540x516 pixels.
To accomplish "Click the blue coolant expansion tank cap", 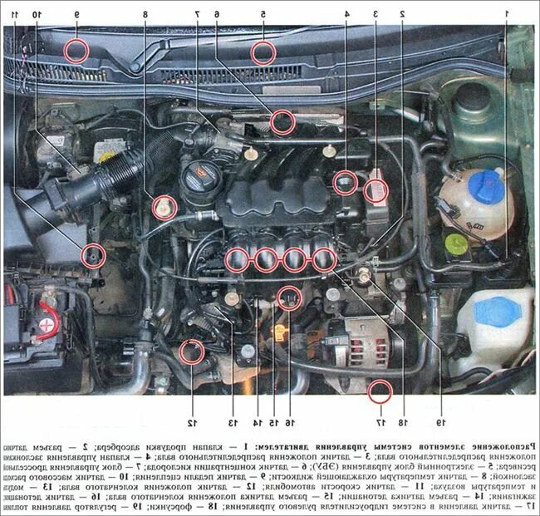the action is coord(486,182).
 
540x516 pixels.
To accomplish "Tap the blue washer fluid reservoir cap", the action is coord(497,311).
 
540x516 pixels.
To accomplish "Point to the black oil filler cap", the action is coord(200,174).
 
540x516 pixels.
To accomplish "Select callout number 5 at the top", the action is coord(263,15).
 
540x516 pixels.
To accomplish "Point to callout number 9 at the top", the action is coord(76,15).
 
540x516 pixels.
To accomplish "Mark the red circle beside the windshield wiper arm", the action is coord(77,51).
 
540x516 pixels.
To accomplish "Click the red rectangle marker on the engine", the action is coord(377,192).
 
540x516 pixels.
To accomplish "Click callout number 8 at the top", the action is coord(145,15).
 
